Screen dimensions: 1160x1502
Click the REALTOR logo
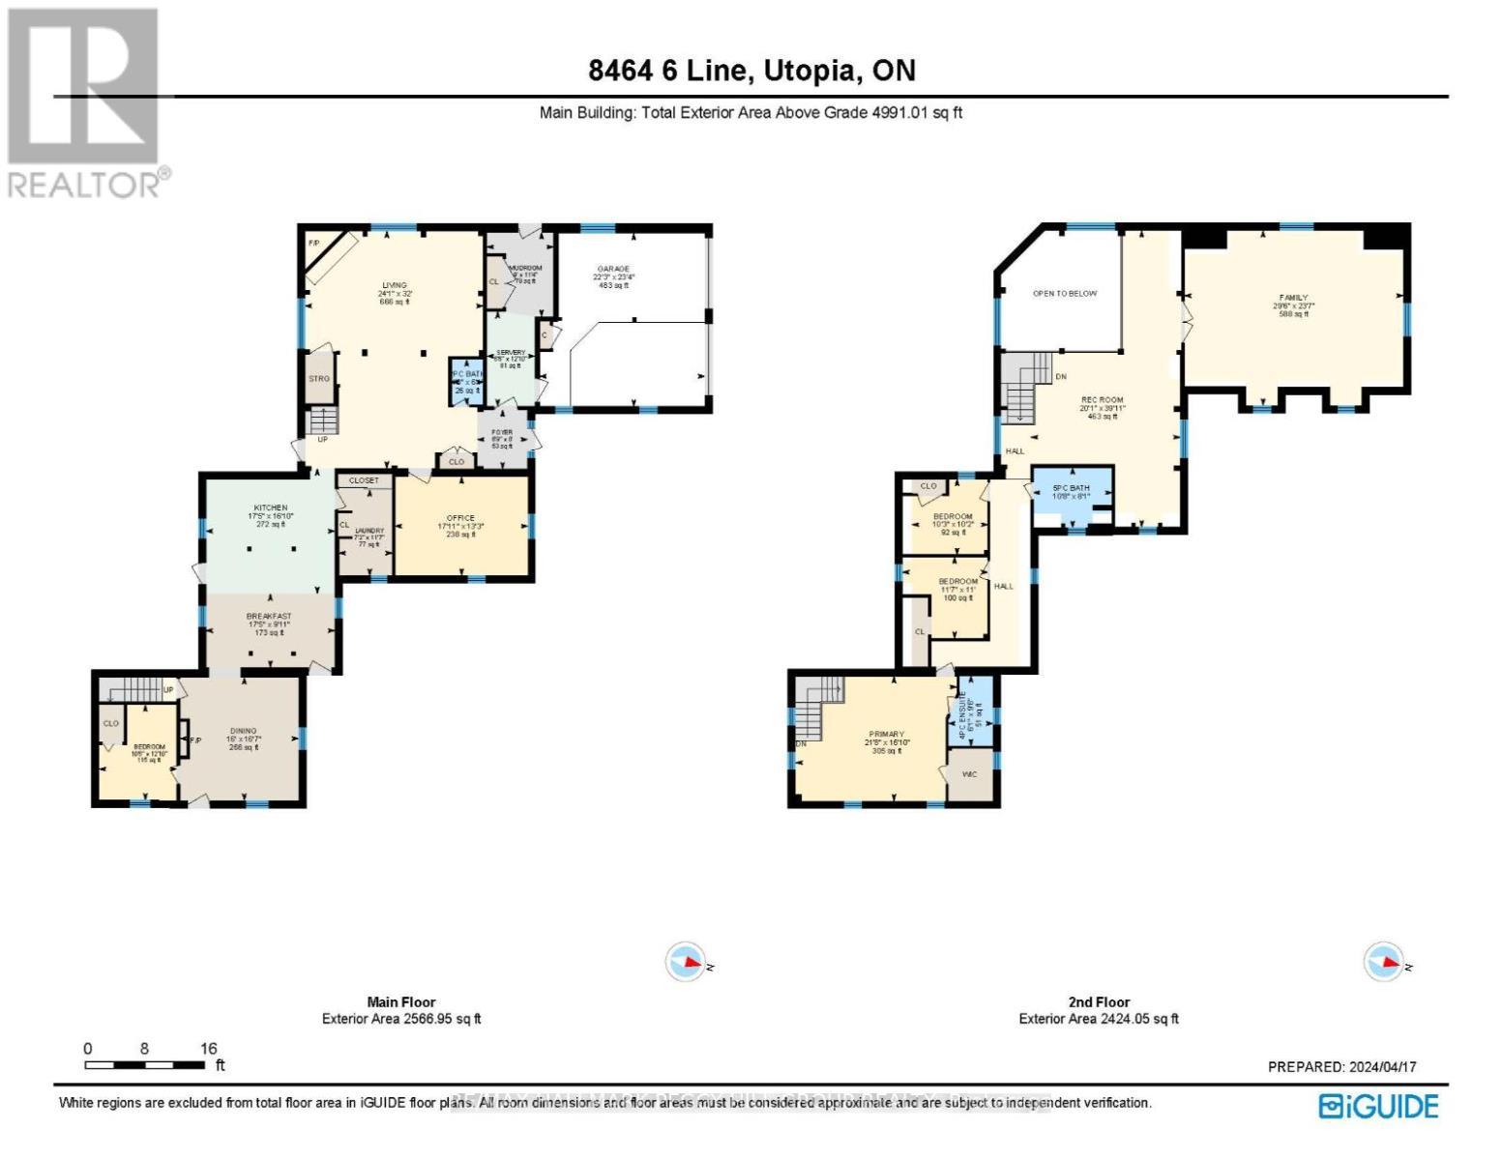coord(85,101)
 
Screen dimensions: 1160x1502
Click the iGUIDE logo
coord(1379,1106)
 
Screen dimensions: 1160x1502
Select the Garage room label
coord(613,269)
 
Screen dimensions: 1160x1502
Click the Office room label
coord(460,518)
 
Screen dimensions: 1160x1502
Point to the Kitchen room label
coord(271,507)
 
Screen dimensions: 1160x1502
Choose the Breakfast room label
coord(269,616)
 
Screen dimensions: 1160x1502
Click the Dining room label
coord(244,731)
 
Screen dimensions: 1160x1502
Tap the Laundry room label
coord(369,531)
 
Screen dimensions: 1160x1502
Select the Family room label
coord(1293,298)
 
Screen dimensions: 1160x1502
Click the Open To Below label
coord(1064,293)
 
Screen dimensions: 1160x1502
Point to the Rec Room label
coord(1102,399)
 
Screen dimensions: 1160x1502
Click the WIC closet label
coord(969,774)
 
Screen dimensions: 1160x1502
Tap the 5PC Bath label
coord(1071,488)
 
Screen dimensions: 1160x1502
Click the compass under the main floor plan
coord(687,962)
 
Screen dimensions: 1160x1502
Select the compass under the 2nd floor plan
coord(1384,962)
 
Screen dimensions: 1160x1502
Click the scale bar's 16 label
coord(209,1048)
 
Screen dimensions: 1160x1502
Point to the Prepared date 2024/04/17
coord(1341,1066)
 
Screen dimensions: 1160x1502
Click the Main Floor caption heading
coord(400,1002)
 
